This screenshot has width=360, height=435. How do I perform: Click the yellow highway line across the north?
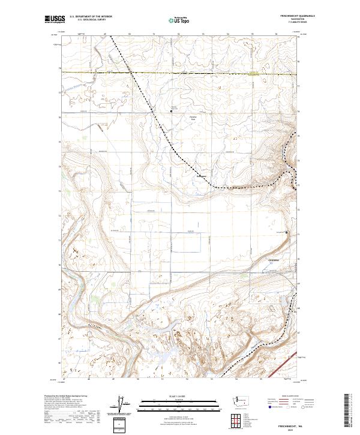coord(180,73)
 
